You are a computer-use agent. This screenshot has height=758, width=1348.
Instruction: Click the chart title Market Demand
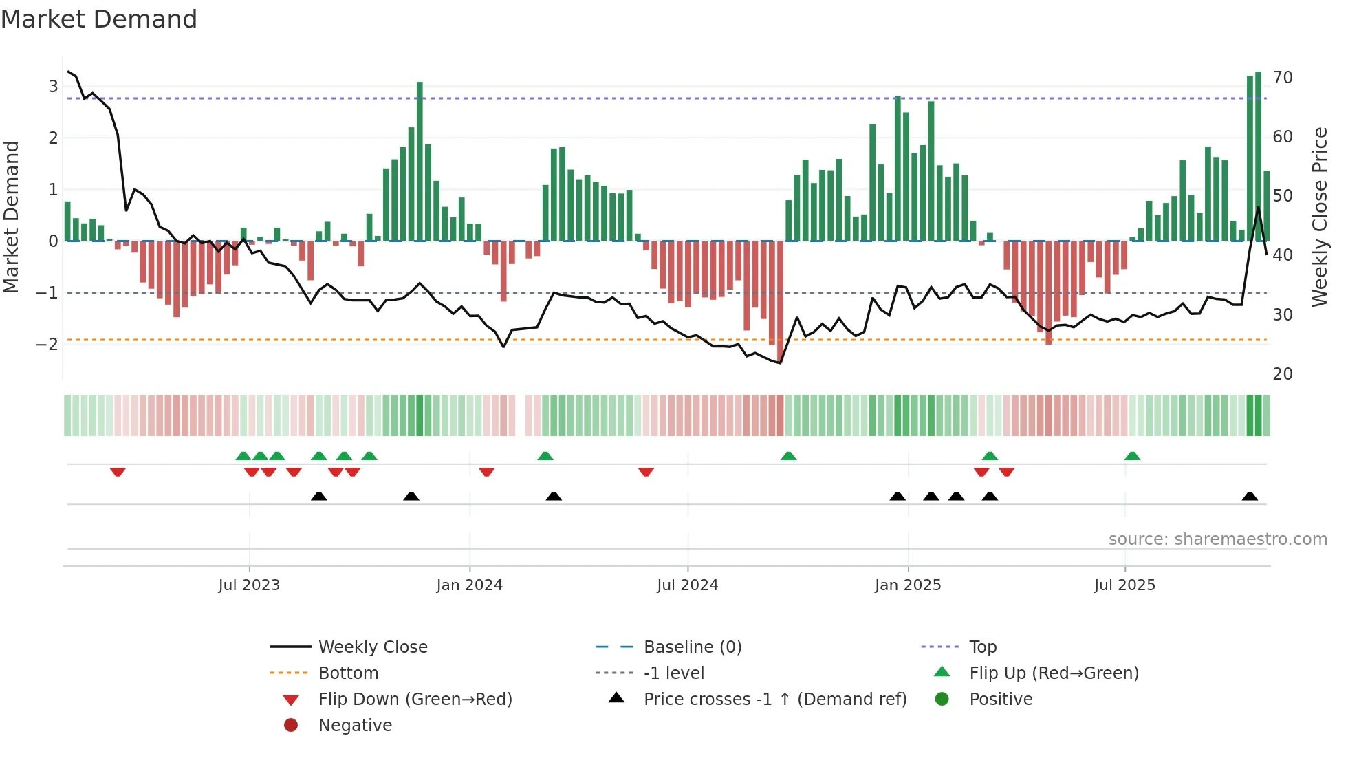click(99, 19)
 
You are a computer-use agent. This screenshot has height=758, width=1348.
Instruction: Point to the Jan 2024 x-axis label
click(469, 585)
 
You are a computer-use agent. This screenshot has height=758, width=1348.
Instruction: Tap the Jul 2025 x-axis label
click(1124, 585)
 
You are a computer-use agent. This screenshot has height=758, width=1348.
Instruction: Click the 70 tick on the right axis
click(1283, 78)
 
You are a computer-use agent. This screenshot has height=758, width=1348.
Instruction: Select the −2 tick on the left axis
click(47, 344)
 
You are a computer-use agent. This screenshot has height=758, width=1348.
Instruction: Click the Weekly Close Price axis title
click(1319, 217)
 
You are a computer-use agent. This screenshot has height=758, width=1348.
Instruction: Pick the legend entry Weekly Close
click(372, 647)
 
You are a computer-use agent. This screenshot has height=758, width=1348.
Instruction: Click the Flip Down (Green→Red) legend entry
click(415, 700)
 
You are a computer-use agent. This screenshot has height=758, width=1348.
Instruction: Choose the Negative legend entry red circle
click(291, 726)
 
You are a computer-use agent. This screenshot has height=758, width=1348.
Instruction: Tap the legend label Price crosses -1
click(774, 700)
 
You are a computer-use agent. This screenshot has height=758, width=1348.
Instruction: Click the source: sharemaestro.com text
click(1217, 539)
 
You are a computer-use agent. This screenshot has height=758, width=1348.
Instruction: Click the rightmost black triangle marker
click(1250, 497)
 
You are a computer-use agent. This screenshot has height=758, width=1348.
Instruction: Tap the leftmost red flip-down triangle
click(118, 472)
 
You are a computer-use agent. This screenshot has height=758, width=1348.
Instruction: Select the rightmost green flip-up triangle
click(1132, 456)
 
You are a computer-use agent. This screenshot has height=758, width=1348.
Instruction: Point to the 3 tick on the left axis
click(53, 87)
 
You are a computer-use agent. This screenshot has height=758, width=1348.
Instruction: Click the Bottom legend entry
click(347, 673)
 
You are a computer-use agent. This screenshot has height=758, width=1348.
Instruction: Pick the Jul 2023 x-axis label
click(249, 585)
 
